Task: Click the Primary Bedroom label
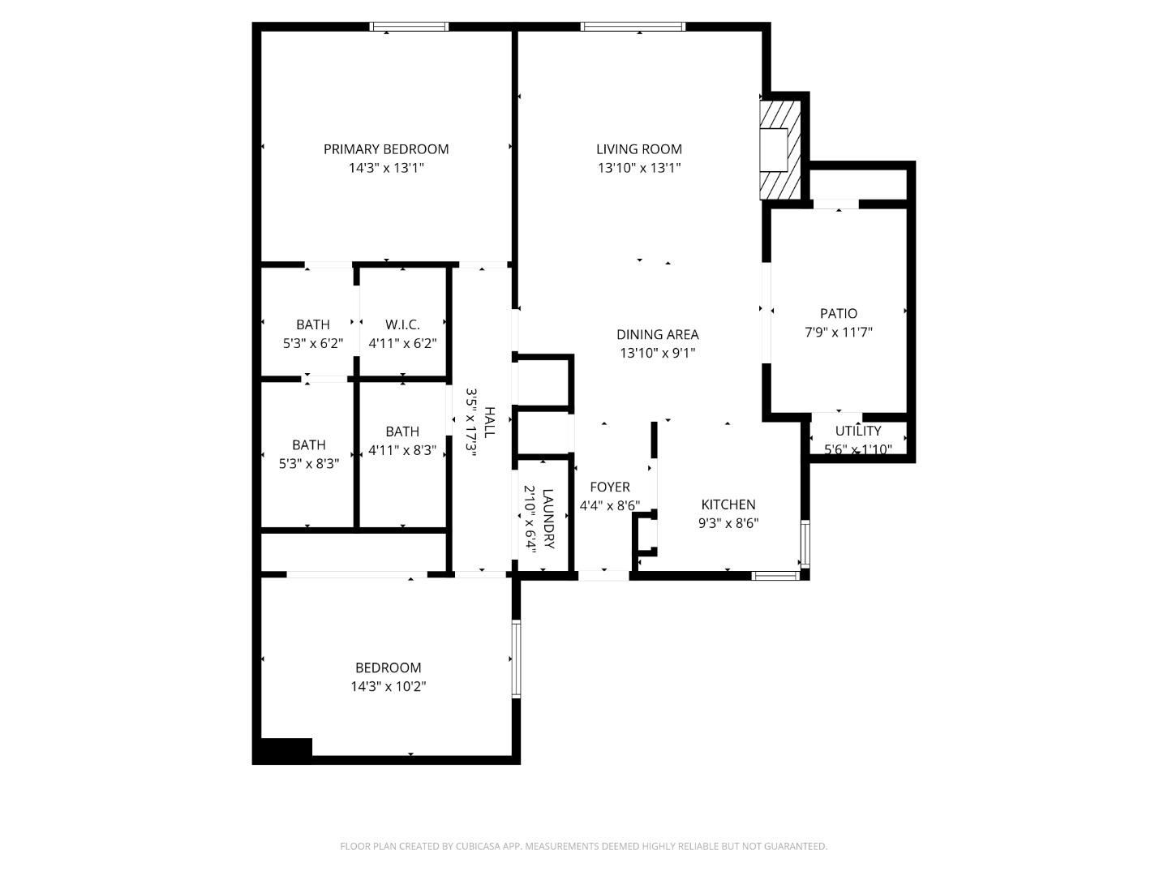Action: [386, 149]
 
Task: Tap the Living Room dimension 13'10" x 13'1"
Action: [639, 168]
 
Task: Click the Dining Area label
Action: [657, 334]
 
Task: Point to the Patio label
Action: [838, 313]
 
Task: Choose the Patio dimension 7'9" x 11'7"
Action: [838, 332]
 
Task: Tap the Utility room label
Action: [857, 431]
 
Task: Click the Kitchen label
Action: [728, 505]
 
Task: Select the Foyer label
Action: [609, 487]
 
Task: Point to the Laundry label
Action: [548, 518]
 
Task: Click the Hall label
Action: [489, 422]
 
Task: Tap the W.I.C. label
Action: [402, 324]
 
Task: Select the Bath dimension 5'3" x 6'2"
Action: [312, 343]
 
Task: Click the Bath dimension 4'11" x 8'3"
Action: [402, 450]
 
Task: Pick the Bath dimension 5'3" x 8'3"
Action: [308, 463]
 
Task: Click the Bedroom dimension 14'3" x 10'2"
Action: [388, 686]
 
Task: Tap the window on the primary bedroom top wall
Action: [409, 27]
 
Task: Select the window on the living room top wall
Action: [633, 27]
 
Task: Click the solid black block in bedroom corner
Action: [283, 750]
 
